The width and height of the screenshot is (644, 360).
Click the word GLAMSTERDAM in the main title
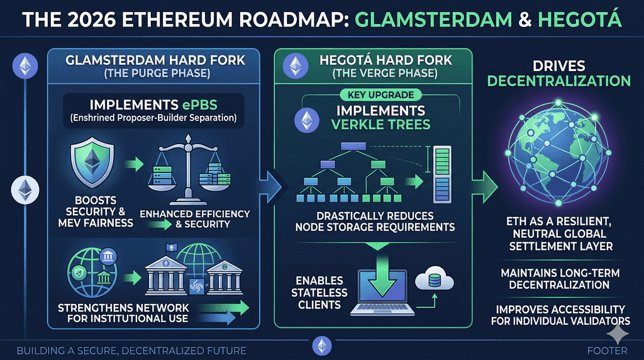click(433, 20)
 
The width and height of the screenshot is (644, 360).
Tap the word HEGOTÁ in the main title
click(579, 19)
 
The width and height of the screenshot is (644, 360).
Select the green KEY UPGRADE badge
click(380, 95)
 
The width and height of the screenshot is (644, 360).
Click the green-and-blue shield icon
click(92, 162)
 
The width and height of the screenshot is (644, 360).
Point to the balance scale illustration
click(189, 169)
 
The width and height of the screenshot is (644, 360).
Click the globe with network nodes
click(558, 152)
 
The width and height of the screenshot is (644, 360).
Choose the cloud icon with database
click(434, 279)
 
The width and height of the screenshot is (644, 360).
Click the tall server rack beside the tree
click(442, 174)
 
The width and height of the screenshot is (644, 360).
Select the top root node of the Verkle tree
click(353, 146)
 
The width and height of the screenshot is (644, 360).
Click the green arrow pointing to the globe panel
click(485, 187)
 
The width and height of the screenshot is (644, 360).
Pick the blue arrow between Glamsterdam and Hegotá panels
click(270, 187)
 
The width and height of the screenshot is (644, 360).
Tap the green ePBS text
click(199, 105)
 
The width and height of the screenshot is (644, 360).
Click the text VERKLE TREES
click(380, 125)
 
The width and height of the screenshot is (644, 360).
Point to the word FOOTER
click(607, 351)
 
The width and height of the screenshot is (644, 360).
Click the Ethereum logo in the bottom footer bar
click(322, 346)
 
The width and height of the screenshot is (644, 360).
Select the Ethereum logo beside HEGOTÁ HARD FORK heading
click(296, 65)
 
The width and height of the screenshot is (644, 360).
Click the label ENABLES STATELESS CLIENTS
click(319, 293)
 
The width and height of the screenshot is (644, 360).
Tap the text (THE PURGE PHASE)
click(157, 74)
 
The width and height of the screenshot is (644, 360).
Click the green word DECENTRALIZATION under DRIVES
click(558, 81)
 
